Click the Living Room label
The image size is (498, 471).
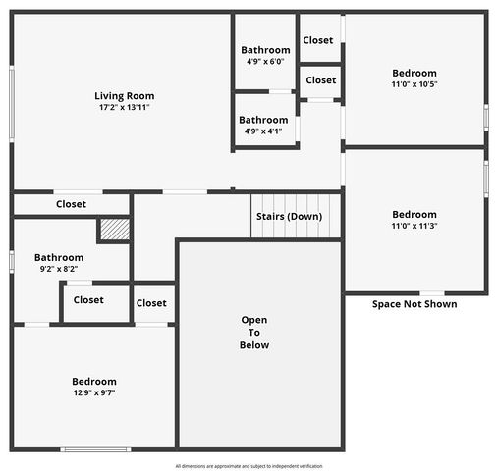(124, 96)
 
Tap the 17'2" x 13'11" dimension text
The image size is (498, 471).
(124, 107)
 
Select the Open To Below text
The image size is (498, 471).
(254, 333)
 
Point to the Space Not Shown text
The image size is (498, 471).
(415, 304)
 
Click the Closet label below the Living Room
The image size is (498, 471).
(71, 204)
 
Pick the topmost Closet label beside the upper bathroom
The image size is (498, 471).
(318, 40)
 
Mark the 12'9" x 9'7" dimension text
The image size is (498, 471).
(94, 392)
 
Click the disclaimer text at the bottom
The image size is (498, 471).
(249, 466)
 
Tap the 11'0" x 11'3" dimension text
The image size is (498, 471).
(415, 227)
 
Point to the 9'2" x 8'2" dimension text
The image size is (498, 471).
(59, 269)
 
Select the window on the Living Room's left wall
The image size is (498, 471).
(11, 104)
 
